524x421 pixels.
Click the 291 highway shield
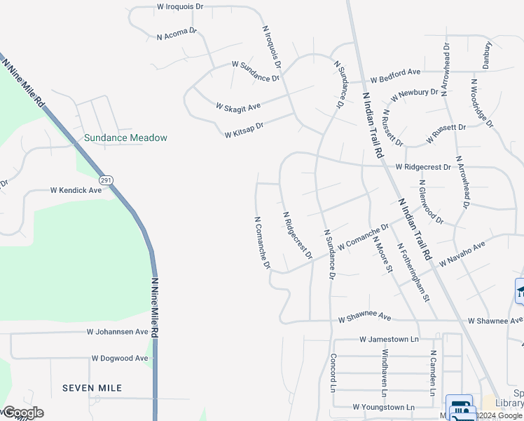pyautogui.click(x=106, y=180)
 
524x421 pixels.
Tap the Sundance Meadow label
pyautogui.click(x=125, y=138)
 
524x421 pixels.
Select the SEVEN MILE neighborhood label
pyautogui.click(x=92, y=387)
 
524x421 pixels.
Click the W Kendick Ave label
pyautogui.click(x=76, y=190)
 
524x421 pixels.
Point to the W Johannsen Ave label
pyautogui.click(x=118, y=331)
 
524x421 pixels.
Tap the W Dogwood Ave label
pyautogui.click(x=120, y=358)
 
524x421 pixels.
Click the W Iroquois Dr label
pyautogui.click(x=179, y=6)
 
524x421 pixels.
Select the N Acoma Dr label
pyautogui.click(x=177, y=34)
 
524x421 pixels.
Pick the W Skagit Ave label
pyautogui.click(x=238, y=107)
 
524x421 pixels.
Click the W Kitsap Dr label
pyautogui.click(x=243, y=130)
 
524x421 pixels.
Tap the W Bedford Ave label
pyautogui.click(x=395, y=72)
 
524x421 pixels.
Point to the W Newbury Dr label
pyautogui.click(x=415, y=93)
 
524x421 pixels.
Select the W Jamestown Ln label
pyautogui.click(x=389, y=340)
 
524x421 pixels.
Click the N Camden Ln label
pyautogui.click(x=434, y=371)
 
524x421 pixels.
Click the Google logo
pyautogui.click(x=22, y=413)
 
